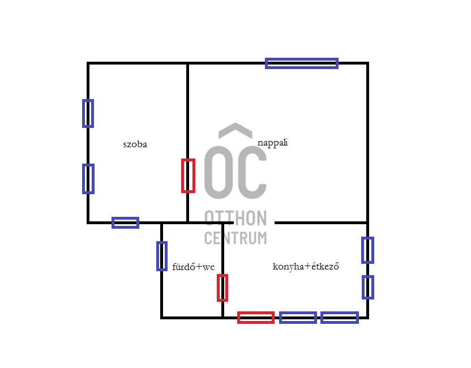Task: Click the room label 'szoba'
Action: click(135, 144)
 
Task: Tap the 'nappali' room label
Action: click(272, 143)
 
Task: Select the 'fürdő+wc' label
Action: click(193, 267)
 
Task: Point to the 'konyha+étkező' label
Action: click(306, 266)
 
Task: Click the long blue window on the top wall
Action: click(302, 63)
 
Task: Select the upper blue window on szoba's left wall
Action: click(88, 113)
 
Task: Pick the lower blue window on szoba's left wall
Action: click(88, 178)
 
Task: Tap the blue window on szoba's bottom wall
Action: click(125, 222)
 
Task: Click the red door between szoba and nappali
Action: click(188, 176)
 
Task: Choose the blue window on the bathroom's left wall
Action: click(162, 256)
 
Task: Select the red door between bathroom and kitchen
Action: click(222, 288)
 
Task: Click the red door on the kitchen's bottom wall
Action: click(255, 318)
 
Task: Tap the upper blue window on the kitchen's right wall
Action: click(368, 250)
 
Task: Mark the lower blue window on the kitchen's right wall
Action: click(368, 287)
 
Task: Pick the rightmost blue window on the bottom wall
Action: click(340, 318)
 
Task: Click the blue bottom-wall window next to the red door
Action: click(298, 318)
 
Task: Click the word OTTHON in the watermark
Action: click(236, 217)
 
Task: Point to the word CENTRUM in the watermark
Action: click(236, 238)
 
